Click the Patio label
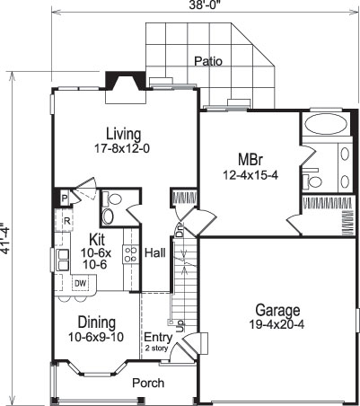(208, 61)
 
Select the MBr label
(237, 160)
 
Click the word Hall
(155, 253)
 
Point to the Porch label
(148, 383)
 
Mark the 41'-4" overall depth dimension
(8, 239)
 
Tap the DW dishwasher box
(79, 284)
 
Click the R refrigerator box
(66, 221)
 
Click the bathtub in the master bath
(320, 124)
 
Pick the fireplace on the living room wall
(119, 81)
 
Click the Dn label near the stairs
(180, 232)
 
